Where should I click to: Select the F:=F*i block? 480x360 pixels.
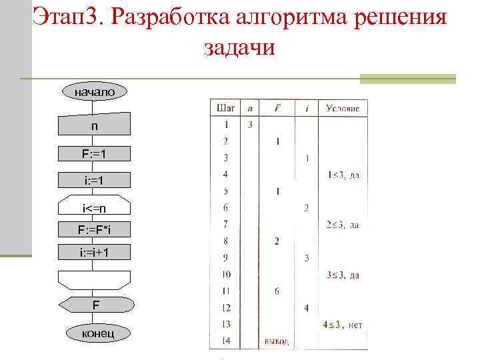94,229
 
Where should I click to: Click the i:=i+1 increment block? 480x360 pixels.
94,253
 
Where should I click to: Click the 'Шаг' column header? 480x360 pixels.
225,108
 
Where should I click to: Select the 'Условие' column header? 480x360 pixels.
342,108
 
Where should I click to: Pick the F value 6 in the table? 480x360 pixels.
277,291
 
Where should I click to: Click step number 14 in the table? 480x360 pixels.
225,341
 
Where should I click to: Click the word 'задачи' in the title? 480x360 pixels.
237,48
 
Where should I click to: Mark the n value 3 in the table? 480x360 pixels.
249,125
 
